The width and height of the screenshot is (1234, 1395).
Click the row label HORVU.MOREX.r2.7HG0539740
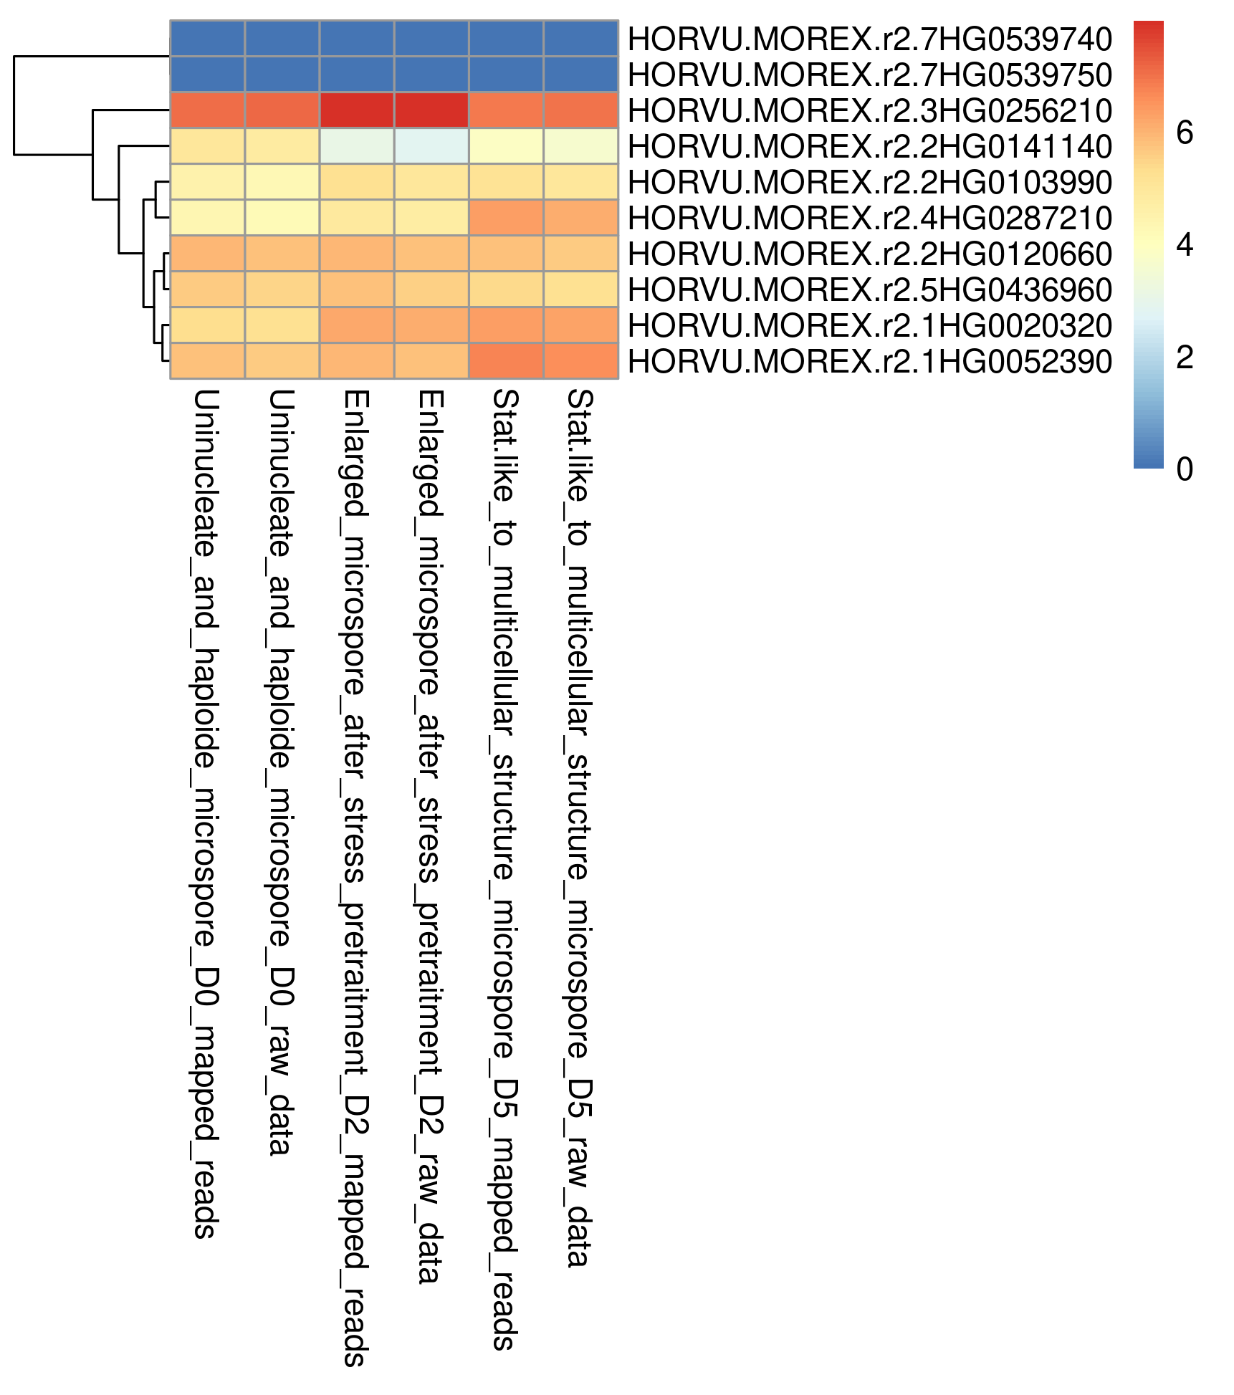869,39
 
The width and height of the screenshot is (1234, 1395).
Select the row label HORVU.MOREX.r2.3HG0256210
869,110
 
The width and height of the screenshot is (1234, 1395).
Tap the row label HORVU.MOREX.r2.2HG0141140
869,146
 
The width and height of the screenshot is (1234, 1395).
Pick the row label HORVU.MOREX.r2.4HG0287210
869,218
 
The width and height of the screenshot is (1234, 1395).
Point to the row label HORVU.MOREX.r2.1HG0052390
869,361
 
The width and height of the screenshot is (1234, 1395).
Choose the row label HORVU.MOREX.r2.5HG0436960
869,289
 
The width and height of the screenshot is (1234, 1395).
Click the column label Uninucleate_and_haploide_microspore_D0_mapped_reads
205,814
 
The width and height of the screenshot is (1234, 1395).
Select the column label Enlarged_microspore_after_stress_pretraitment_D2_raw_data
429,836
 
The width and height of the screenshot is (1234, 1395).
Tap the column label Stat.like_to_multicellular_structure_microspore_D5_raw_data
578,828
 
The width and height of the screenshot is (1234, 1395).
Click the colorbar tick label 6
1185,133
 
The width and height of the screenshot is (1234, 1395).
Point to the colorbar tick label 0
1185,469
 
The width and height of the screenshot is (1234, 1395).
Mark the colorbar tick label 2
1185,357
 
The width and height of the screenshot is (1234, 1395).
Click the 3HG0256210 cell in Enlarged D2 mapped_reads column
357,110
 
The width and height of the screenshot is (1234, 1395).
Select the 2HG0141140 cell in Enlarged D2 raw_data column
431,146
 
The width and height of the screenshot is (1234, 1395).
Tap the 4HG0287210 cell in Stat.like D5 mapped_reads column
506,218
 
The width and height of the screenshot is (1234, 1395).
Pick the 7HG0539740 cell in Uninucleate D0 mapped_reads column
208,39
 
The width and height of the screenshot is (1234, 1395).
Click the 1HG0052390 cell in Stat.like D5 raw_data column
580,361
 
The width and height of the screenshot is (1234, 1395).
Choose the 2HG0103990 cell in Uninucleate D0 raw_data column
282,182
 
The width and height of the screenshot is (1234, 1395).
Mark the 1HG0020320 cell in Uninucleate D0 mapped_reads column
208,325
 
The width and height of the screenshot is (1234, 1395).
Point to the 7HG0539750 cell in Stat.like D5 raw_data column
580,75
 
